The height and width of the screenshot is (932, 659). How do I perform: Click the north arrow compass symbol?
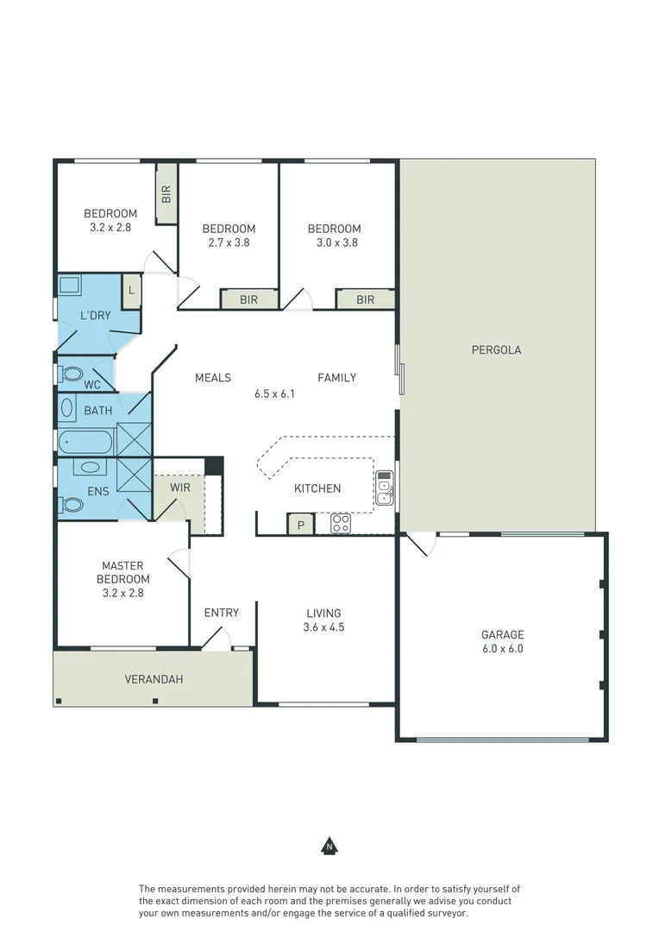(329, 846)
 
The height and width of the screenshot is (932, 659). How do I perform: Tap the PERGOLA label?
(496, 350)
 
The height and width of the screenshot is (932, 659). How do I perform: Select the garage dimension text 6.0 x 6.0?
(502, 648)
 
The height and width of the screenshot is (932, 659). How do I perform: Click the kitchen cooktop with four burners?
(341, 523)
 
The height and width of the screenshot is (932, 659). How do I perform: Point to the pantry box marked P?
(300, 525)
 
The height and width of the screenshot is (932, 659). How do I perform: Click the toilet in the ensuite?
(71, 505)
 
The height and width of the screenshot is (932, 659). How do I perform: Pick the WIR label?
(179, 488)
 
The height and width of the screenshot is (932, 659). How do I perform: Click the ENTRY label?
(221, 613)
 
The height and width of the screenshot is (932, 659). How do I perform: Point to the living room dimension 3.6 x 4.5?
(323, 627)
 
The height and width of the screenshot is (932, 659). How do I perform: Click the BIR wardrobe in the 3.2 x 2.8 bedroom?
(166, 194)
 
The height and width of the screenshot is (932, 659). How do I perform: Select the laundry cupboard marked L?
(131, 290)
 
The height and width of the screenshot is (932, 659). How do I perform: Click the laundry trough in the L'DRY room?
(69, 286)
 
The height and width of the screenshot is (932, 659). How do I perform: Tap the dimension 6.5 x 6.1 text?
(274, 394)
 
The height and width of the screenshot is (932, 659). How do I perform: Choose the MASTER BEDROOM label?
(122, 572)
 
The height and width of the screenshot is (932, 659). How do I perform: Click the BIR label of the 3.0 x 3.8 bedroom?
(365, 299)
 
